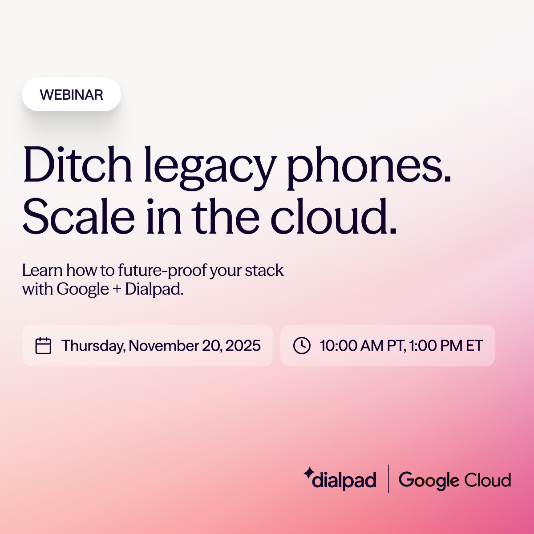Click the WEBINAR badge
[x=71, y=94]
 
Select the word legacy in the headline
[x=209, y=167]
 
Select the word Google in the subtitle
[x=83, y=289]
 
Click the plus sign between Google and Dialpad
[x=117, y=289]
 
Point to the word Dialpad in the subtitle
[x=154, y=289]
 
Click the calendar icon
[x=43, y=346]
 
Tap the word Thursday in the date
[x=93, y=346]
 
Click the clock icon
[x=302, y=346]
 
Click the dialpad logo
[x=340, y=480]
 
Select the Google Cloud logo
[x=454, y=480]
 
